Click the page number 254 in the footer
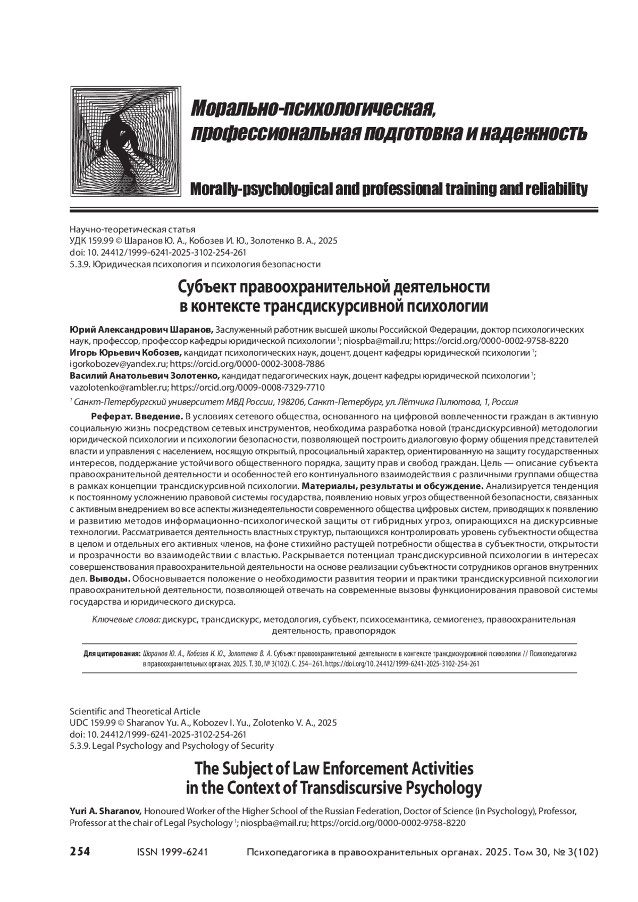click(x=80, y=852)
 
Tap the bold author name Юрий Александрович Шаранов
click(x=141, y=330)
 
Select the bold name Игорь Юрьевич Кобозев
click(x=126, y=353)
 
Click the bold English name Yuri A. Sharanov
click(x=105, y=812)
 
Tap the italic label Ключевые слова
click(x=126, y=620)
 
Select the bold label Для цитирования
click(x=112, y=654)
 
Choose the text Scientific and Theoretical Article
click(x=135, y=711)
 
